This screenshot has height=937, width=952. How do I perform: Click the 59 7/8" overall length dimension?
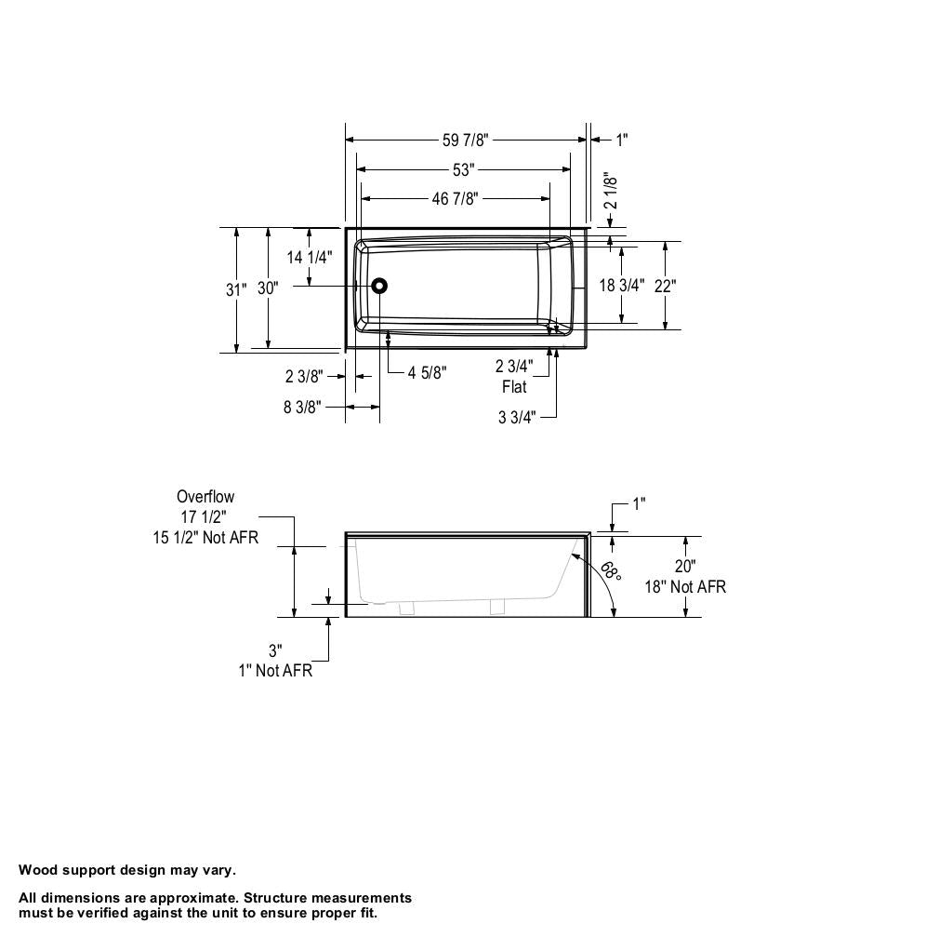[465, 140]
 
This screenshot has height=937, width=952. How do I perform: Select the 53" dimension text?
[464, 169]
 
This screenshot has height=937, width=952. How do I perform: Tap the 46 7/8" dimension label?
[455, 198]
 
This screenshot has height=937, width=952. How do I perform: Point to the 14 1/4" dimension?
[310, 257]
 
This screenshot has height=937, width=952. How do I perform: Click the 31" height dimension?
[236, 289]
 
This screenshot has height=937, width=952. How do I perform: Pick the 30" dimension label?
[268, 288]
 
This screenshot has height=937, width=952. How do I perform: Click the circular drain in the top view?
[379, 287]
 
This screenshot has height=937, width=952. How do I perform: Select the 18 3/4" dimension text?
[621, 286]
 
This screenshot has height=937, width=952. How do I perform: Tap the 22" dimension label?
[665, 286]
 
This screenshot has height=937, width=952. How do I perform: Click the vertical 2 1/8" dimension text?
[611, 191]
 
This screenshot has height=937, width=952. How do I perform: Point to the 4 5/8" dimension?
[427, 373]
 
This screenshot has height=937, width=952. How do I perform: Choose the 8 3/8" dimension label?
[302, 407]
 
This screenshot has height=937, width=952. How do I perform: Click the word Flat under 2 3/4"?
[514, 387]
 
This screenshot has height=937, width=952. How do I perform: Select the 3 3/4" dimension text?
[517, 417]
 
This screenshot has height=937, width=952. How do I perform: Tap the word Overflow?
[205, 497]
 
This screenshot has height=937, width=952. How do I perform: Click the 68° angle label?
[610, 569]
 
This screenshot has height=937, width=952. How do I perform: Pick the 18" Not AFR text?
[685, 587]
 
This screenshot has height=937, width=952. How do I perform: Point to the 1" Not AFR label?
[275, 671]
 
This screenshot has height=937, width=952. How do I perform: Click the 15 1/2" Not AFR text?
[205, 538]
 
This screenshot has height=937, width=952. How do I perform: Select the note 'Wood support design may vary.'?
[127, 870]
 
